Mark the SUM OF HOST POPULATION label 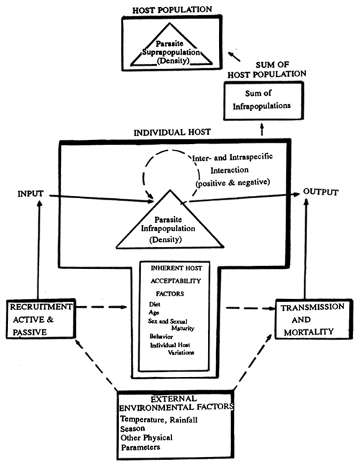click(264, 68)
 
